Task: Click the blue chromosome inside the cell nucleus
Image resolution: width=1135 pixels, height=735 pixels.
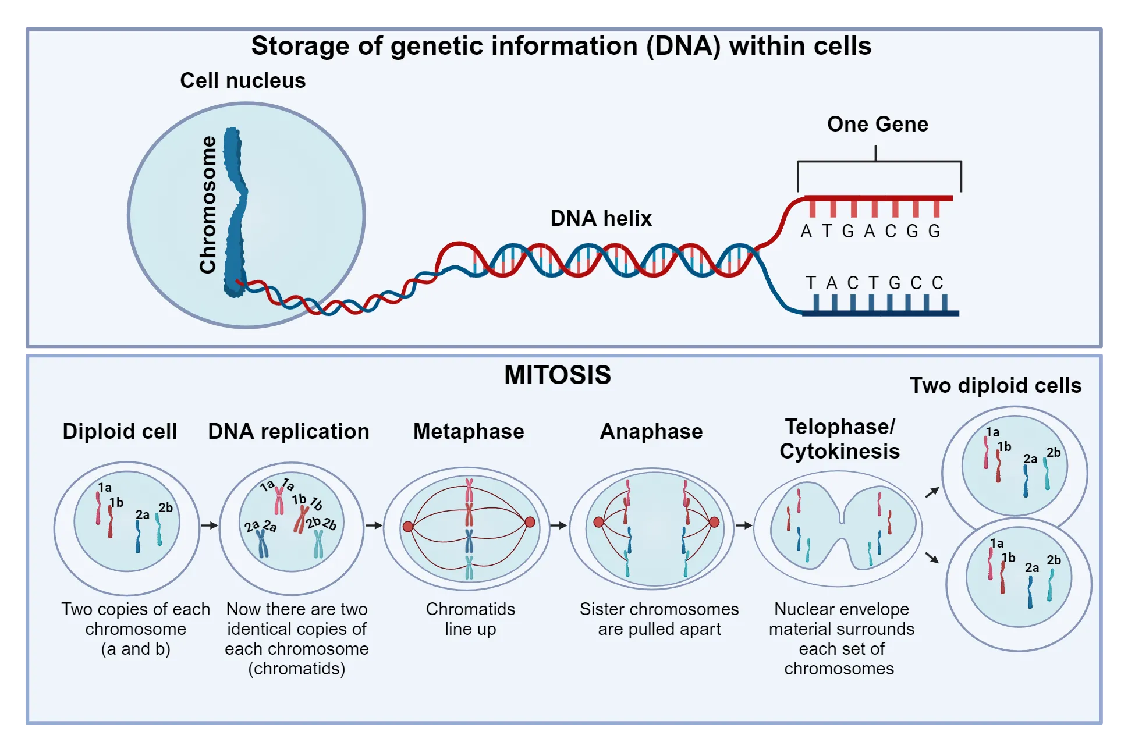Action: point(236,215)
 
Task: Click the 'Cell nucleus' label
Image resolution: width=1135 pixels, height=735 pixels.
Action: point(243,80)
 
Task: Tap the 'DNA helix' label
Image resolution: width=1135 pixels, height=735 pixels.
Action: point(601,218)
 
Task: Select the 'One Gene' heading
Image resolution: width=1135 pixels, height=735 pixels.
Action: point(877,124)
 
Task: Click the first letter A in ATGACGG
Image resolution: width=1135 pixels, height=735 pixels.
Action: point(806,232)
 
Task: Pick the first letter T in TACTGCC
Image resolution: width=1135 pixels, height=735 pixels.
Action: point(811,283)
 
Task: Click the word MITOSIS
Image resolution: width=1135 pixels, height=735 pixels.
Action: point(557,375)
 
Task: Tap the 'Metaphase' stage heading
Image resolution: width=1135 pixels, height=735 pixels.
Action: point(469,431)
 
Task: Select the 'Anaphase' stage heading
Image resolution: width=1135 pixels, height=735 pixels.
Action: point(651,431)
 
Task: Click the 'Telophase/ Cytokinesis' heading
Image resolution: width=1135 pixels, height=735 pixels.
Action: point(839,439)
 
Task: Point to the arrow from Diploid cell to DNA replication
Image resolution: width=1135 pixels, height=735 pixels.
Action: point(209,525)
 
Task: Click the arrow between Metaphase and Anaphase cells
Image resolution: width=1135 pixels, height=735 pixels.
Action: point(558,525)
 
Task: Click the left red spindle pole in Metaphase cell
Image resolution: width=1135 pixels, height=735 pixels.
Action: point(408,527)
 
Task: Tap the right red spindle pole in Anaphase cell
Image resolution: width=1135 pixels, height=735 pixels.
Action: point(714,522)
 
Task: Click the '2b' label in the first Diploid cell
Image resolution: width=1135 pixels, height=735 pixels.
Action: point(166,507)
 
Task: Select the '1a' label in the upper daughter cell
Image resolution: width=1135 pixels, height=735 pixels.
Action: point(992,432)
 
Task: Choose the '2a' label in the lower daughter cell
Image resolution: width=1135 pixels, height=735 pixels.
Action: point(1032,567)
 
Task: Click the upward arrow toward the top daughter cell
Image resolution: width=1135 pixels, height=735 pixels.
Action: point(932,492)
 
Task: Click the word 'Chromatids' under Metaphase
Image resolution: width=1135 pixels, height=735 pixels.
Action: point(470,609)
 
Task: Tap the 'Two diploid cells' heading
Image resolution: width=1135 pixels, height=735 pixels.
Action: point(995,385)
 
